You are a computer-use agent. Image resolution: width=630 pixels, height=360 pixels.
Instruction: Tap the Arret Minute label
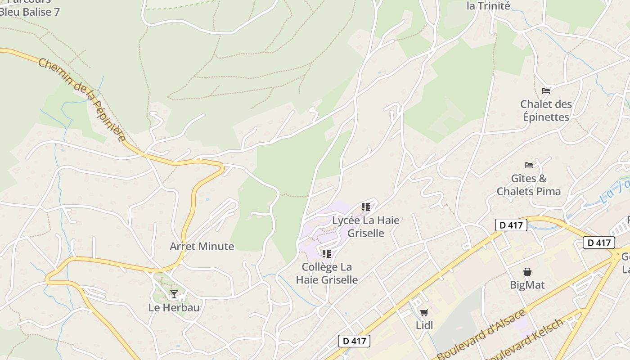click(x=202, y=246)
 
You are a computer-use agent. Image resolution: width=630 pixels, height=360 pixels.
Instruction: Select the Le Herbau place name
click(x=174, y=308)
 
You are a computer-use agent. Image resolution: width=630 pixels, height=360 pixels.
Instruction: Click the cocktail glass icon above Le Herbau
click(x=174, y=294)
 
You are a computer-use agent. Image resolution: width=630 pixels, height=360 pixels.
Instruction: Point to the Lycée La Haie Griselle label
click(x=366, y=226)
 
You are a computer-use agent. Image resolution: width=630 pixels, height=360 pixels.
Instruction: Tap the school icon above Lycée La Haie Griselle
click(x=365, y=207)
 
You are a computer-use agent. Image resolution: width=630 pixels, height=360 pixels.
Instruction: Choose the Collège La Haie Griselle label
click(x=327, y=273)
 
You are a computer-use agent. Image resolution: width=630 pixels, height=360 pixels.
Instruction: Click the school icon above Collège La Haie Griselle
click(x=327, y=254)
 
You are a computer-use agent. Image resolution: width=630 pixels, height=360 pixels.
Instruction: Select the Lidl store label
click(x=424, y=325)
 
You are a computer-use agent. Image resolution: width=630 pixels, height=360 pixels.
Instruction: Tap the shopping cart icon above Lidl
click(x=424, y=312)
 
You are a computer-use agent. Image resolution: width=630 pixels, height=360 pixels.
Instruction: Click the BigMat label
click(x=527, y=285)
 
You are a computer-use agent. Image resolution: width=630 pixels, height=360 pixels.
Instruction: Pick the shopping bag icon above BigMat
click(x=527, y=272)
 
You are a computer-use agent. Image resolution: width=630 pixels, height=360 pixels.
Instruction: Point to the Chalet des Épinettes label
click(x=546, y=110)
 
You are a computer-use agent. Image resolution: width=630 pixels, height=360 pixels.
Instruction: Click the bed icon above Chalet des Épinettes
click(x=546, y=91)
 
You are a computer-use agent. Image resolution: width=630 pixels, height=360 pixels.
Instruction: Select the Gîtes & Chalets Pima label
click(x=529, y=185)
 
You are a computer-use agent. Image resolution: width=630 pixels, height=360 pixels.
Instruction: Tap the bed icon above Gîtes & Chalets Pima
click(x=529, y=165)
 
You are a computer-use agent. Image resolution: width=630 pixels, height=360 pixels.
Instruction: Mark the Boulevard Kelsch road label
click(x=525, y=340)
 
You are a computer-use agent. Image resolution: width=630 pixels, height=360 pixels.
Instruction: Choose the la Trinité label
click(x=488, y=6)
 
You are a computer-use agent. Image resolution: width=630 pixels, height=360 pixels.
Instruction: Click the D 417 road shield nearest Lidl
click(x=354, y=341)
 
